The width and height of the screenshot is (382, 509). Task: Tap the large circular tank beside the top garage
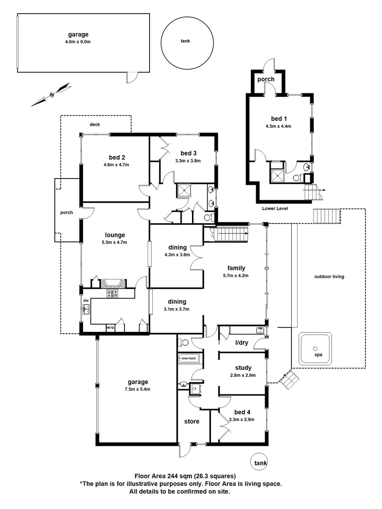[x=186, y=41]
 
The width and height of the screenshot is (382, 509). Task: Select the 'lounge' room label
[x=115, y=235]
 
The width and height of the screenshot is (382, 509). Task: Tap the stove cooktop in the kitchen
[x=113, y=294]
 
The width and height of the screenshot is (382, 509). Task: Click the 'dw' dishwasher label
[x=86, y=300]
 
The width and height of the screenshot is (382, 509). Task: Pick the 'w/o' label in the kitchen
[x=110, y=328]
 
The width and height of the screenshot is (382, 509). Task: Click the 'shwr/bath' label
[x=189, y=359]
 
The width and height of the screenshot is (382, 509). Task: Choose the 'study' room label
[x=243, y=368]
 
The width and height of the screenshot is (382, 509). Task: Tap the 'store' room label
[x=191, y=421]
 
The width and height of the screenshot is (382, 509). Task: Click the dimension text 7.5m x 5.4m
[x=137, y=389]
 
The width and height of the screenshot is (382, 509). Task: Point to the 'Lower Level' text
[x=274, y=208]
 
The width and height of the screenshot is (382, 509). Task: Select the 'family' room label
[x=236, y=268]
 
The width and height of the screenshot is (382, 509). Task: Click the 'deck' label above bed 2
[x=95, y=124]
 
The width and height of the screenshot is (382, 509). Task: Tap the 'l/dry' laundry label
[x=241, y=343]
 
